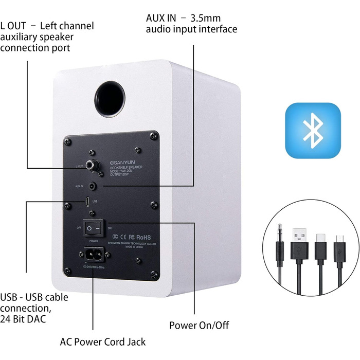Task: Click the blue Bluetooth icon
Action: (x=313, y=130)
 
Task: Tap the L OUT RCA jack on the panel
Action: (x=93, y=165)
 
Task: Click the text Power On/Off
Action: (x=199, y=325)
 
